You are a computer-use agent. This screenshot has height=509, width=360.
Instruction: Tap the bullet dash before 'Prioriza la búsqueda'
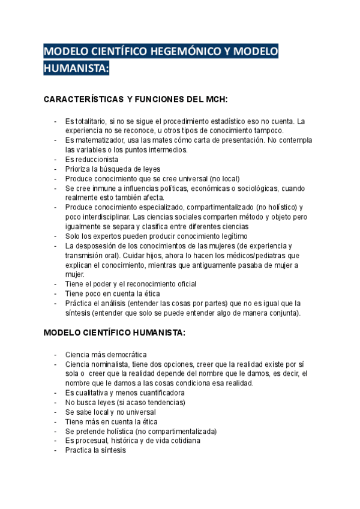[55, 169]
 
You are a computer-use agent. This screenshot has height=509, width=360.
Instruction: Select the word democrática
[125, 354]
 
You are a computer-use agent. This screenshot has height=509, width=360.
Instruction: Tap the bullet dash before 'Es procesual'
[55, 441]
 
